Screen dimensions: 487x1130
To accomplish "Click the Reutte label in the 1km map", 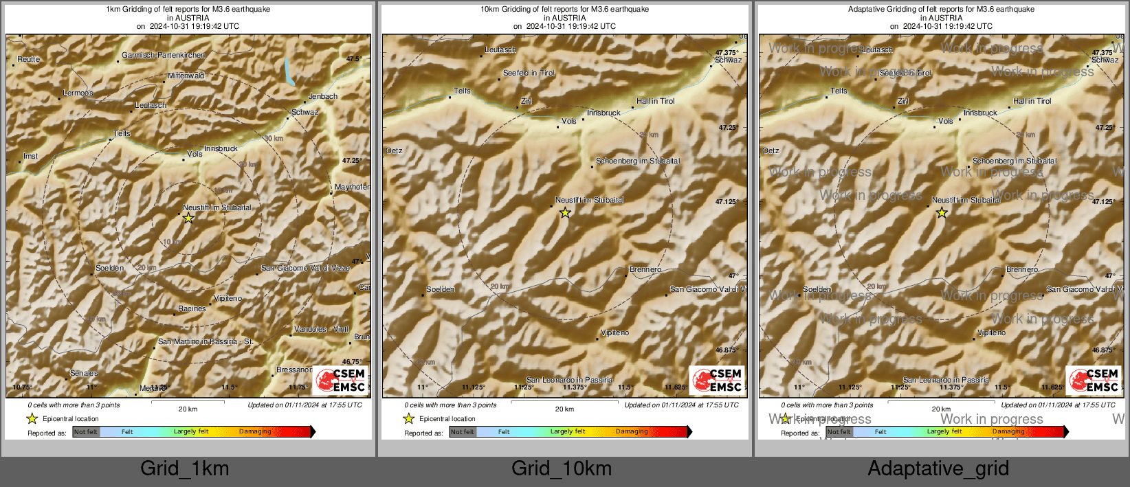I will click(29, 59).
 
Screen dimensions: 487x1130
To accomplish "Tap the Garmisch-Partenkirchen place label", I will click(163, 55).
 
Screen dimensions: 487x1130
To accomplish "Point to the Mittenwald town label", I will click(186, 76).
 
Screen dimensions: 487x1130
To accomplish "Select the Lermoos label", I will click(78, 93).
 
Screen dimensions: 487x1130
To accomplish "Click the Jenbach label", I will click(323, 96).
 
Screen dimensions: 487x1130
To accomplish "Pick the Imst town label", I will click(31, 156).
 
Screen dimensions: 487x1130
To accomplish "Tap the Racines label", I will click(192, 308).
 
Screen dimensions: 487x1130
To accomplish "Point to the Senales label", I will click(84, 373).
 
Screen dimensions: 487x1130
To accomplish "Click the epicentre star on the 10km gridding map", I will click(565, 213).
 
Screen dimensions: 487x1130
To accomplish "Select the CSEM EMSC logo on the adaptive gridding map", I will click(1093, 380).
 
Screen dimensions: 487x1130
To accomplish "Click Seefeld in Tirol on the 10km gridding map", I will click(529, 73).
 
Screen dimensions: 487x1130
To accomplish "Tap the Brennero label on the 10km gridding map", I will click(645, 269).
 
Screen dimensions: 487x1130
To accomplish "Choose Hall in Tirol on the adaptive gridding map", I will click(1032, 101).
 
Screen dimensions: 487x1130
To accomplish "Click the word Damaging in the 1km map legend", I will click(255, 431).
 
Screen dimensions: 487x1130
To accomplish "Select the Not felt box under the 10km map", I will click(463, 432).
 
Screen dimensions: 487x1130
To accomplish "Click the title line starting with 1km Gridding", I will click(188, 9).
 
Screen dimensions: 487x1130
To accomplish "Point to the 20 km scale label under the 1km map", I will click(188, 409).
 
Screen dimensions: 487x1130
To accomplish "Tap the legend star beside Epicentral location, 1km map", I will click(32, 418).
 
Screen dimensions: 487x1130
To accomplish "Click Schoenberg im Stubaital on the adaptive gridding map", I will click(1015, 161).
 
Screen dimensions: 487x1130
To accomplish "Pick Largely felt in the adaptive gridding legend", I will click(944, 431).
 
